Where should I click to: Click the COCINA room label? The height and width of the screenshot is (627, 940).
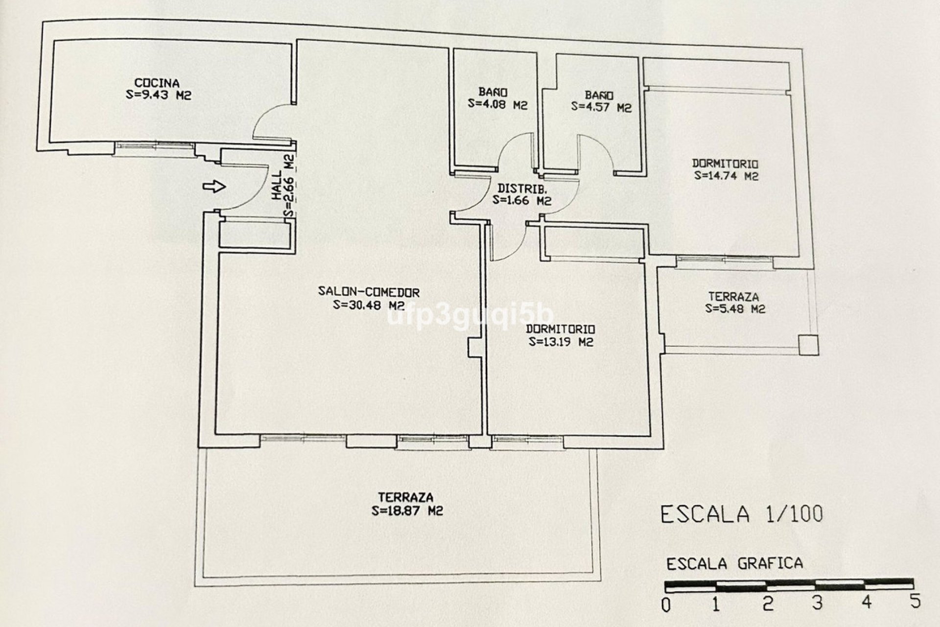point(157,83)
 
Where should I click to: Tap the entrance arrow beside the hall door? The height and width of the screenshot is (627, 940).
point(214,186)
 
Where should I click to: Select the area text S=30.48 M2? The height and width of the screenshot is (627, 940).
point(369,305)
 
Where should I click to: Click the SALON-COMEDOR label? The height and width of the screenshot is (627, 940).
point(369,292)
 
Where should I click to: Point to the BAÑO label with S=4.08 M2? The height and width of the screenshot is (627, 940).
point(493,92)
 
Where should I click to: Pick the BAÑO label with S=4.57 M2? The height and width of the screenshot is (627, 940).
point(598,95)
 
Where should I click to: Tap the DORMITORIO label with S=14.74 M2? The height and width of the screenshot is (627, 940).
point(725,164)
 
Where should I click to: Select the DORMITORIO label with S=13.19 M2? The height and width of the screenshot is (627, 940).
point(561,329)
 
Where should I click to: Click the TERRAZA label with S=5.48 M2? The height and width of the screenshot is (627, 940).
point(733,296)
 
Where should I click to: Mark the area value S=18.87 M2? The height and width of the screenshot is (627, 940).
point(407,511)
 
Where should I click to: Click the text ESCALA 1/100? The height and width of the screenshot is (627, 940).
point(741,514)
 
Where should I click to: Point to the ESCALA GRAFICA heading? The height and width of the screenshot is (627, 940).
point(734,564)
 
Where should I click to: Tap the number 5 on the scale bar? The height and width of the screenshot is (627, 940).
point(915,601)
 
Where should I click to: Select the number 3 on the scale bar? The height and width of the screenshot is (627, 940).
point(816,603)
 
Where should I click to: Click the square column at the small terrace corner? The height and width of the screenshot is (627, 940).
point(808,345)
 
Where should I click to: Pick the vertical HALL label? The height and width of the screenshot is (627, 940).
point(277,185)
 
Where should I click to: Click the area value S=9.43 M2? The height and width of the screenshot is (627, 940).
point(158,95)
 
